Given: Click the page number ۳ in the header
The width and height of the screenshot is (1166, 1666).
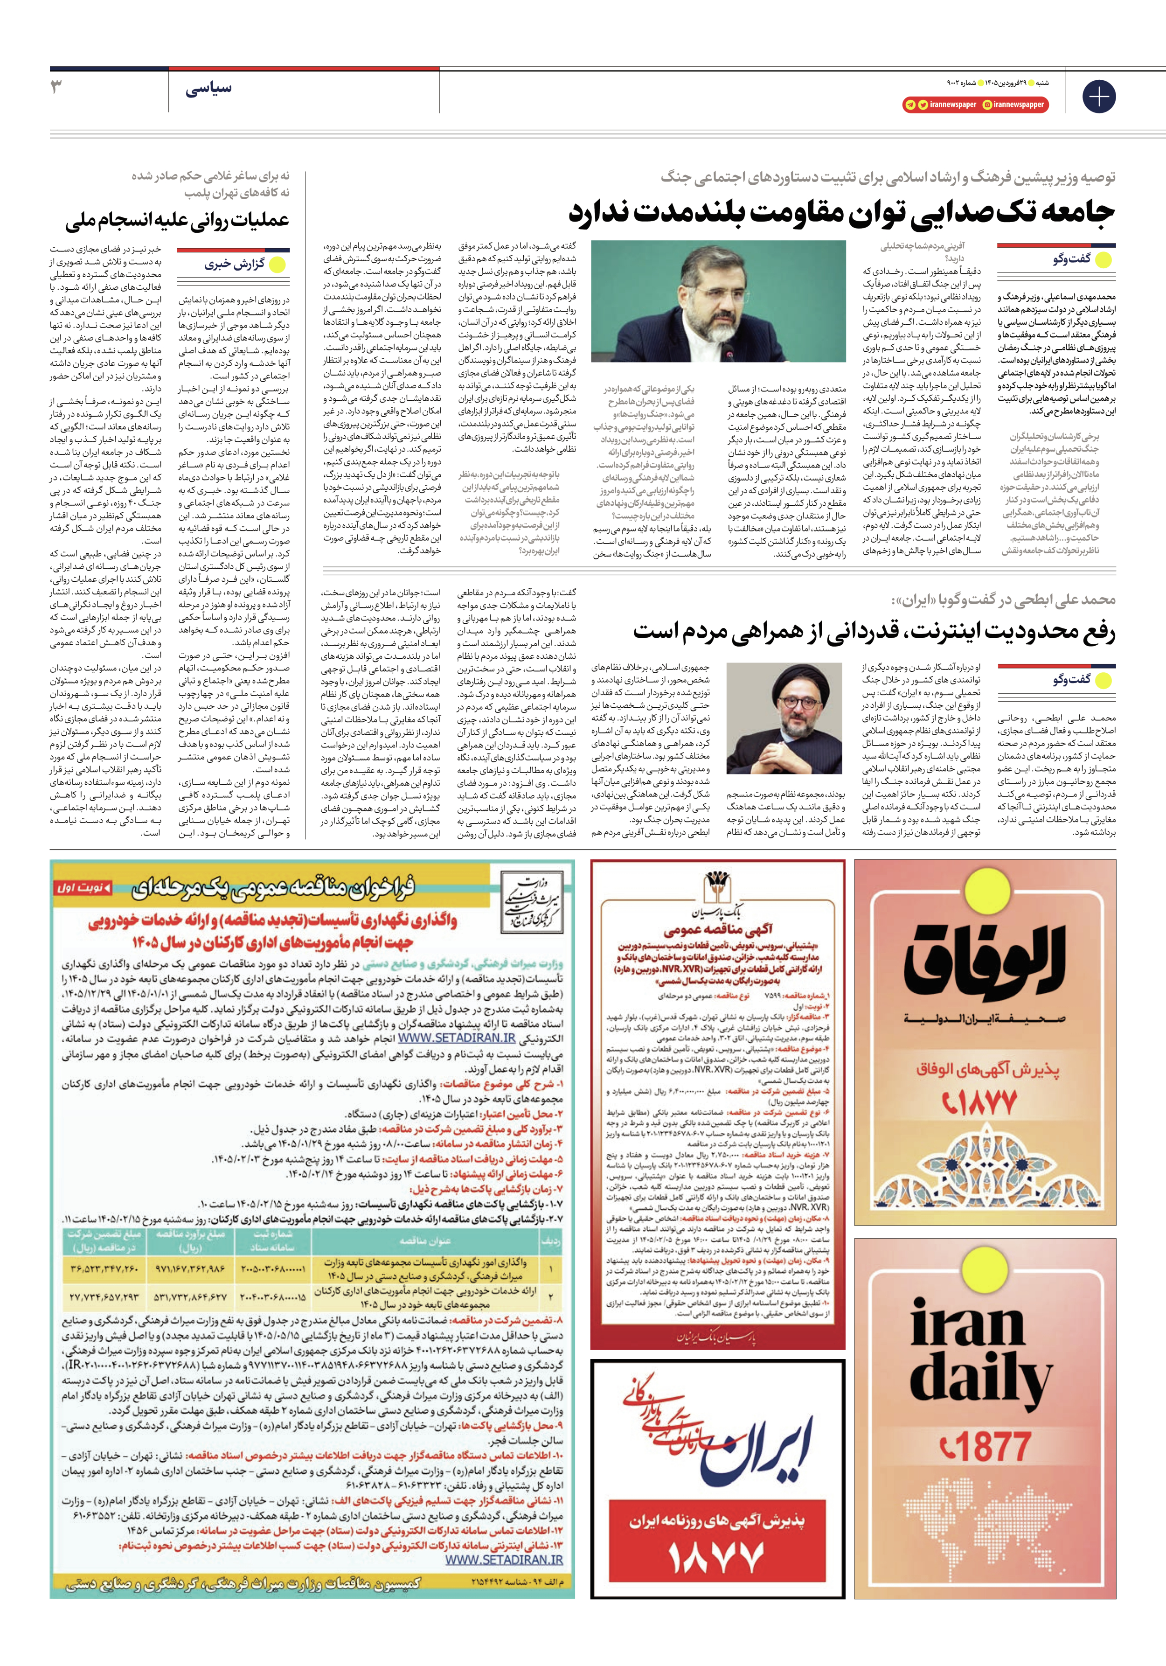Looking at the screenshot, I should (x=56, y=88).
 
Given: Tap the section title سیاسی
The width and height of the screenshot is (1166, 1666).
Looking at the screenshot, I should (x=209, y=89).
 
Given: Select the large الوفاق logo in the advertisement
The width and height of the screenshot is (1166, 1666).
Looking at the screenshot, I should (x=985, y=960).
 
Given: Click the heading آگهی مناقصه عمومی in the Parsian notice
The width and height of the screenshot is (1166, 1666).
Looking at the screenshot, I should (x=718, y=929).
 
